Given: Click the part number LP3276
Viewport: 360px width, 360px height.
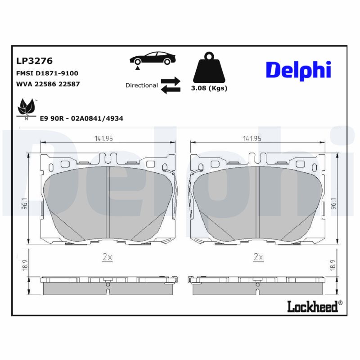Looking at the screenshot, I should (x=35, y=60).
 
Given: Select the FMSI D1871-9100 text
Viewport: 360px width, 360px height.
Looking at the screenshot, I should (x=47, y=73).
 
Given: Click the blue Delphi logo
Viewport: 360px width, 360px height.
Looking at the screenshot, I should (x=298, y=70).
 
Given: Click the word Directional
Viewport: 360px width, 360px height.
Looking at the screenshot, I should (x=141, y=85).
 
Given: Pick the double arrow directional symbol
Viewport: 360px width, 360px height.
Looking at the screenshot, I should (x=171, y=85).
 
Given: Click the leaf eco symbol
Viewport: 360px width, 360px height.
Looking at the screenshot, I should (x=26, y=108).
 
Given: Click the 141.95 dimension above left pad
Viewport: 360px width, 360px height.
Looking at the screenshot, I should (x=103, y=139).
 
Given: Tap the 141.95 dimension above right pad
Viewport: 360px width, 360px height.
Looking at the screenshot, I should (x=252, y=139).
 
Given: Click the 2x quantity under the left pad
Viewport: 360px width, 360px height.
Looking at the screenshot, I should (x=107, y=257).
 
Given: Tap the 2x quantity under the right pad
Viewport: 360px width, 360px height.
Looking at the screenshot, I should (x=258, y=257).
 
